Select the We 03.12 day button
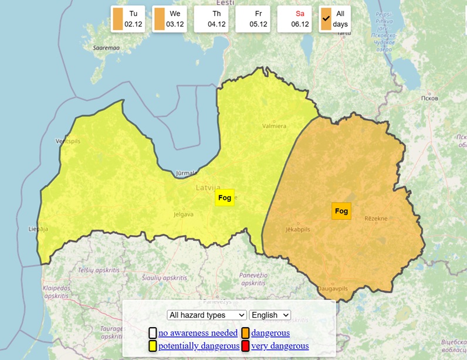(x=169, y=19)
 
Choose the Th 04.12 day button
(x=211, y=19)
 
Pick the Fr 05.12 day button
(x=252, y=19)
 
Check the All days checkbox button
(x=335, y=19)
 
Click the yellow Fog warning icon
(x=225, y=198)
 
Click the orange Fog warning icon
(x=341, y=210)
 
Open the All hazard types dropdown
(x=207, y=315)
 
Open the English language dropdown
(x=270, y=315)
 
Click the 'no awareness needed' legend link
(x=198, y=333)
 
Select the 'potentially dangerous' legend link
(x=199, y=346)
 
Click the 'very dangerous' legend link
(x=280, y=346)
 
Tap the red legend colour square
(x=245, y=346)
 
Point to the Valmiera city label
(x=274, y=125)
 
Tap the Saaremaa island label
(x=106, y=48)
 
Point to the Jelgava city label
(x=183, y=215)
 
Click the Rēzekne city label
(x=376, y=218)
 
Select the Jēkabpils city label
(x=297, y=229)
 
